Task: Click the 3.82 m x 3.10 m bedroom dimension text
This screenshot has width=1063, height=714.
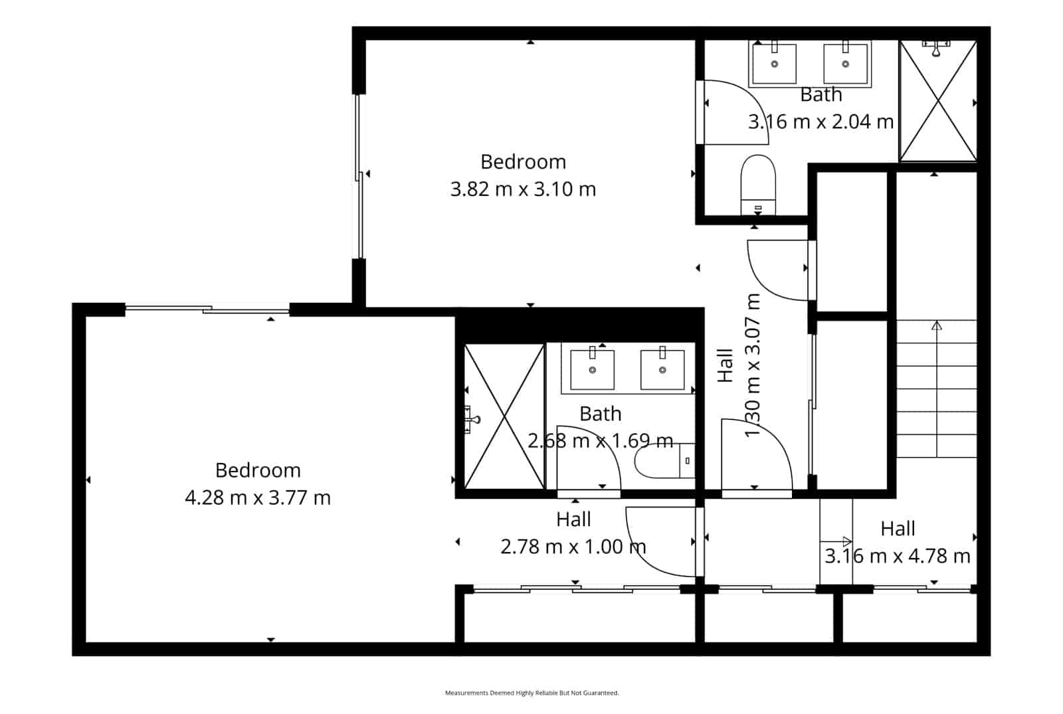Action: click(523, 189)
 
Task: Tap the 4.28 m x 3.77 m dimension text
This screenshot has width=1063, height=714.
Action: click(258, 497)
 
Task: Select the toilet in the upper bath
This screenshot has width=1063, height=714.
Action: click(758, 185)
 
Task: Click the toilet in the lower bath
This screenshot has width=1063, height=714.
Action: click(662, 460)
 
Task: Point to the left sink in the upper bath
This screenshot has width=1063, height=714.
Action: click(774, 64)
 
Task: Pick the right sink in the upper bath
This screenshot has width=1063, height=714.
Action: click(845, 64)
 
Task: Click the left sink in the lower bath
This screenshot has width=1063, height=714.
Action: click(592, 370)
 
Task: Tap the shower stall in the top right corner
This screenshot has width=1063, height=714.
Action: click(937, 101)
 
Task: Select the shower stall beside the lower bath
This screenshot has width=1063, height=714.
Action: click(504, 416)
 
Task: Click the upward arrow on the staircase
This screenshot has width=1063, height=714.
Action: click(937, 325)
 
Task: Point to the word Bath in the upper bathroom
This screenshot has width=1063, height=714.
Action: click(821, 95)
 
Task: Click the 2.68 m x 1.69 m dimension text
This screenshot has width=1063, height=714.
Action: click(600, 440)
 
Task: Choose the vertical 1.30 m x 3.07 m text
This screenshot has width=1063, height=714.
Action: click(752, 365)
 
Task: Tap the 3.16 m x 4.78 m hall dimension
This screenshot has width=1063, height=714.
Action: click(898, 556)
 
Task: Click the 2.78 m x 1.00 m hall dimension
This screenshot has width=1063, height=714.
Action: click(573, 547)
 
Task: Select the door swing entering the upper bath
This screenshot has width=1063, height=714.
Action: click(734, 112)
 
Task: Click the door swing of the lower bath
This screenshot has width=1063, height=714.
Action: click(588, 458)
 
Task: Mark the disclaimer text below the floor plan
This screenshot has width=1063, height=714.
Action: click(531, 693)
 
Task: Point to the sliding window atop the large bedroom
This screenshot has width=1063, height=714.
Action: click(207, 309)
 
